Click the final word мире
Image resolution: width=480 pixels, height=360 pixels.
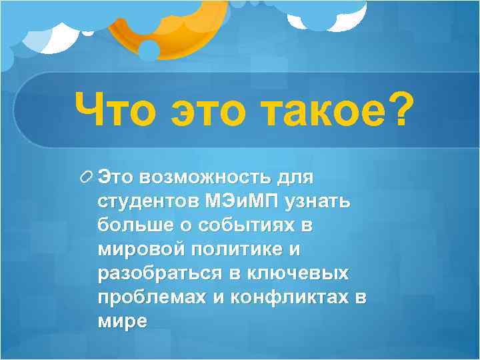122,321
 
